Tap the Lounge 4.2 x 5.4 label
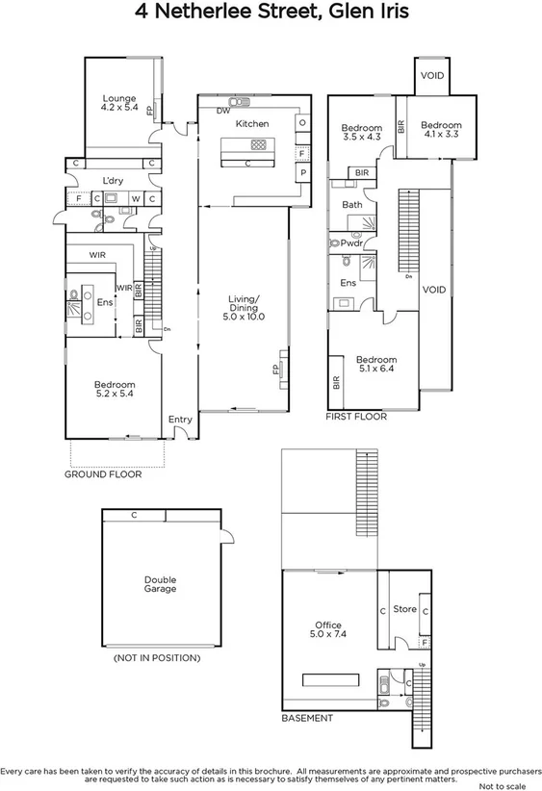pos(119,103)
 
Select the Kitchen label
pos(252,124)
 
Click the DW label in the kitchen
pos(222,111)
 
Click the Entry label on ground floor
pos(180,419)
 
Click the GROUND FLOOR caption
pos(103,474)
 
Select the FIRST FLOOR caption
pos(357,417)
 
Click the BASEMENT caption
pos(307,718)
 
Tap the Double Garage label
pos(160,584)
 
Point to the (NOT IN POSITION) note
pos(156,658)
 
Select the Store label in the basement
pos(404,608)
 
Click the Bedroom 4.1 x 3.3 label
pos(440,130)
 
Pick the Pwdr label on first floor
pos(350,243)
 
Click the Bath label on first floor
pos(351,204)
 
